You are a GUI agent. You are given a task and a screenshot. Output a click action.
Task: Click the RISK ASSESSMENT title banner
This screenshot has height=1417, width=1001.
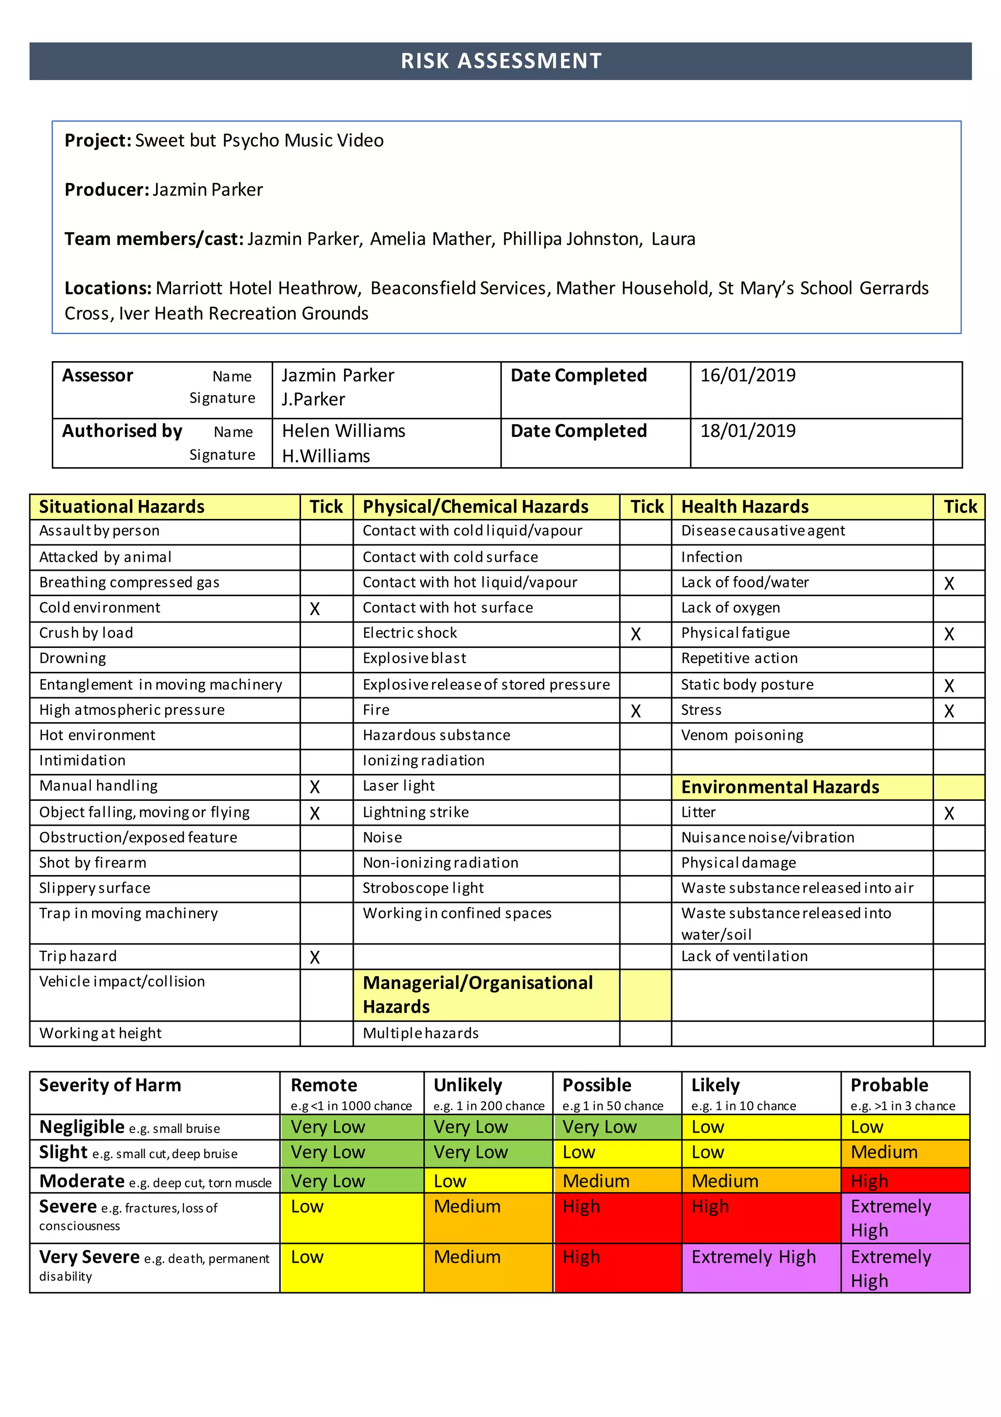pos(500,61)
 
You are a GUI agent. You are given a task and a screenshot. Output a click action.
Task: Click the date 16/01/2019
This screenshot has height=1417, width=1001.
pos(747,375)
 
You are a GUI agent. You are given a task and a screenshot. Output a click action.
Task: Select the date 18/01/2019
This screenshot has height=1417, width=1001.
pos(747,431)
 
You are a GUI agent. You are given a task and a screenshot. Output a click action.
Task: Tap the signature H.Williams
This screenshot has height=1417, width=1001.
pos(326,456)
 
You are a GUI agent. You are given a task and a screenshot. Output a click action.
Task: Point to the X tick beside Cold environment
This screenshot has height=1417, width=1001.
pos(315,609)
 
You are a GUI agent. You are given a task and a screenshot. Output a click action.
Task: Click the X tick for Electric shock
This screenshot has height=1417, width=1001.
pos(635,634)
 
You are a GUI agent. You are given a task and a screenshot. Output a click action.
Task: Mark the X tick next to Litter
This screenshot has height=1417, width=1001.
pos(949,814)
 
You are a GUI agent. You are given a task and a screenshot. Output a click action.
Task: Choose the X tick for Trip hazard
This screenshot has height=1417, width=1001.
pos(315,957)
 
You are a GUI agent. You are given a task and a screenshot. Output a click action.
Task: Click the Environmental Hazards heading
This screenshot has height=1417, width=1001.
pos(780,788)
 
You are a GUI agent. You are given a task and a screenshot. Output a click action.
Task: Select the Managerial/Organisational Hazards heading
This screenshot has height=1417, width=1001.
pos(478,994)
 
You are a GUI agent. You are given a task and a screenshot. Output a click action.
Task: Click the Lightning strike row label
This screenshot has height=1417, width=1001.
pos(415,813)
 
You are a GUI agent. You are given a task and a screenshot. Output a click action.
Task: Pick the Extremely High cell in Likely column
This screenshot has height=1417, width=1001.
pos(753,1257)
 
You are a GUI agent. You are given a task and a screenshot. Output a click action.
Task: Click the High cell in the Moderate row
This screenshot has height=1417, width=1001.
pos(869,1181)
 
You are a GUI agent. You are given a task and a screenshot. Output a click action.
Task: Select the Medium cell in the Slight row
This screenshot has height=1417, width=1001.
pos(884,1152)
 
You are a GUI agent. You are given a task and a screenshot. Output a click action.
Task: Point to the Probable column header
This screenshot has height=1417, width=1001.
pos(889,1085)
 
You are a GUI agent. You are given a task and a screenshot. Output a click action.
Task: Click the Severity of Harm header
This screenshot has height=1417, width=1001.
pos(110,1085)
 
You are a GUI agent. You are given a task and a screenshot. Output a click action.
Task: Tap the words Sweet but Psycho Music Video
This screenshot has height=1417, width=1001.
pos(260,141)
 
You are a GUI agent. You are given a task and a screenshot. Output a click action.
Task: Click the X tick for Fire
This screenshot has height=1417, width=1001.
pos(635,711)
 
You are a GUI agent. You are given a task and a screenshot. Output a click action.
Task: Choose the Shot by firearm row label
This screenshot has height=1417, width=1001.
pos(93,863)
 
